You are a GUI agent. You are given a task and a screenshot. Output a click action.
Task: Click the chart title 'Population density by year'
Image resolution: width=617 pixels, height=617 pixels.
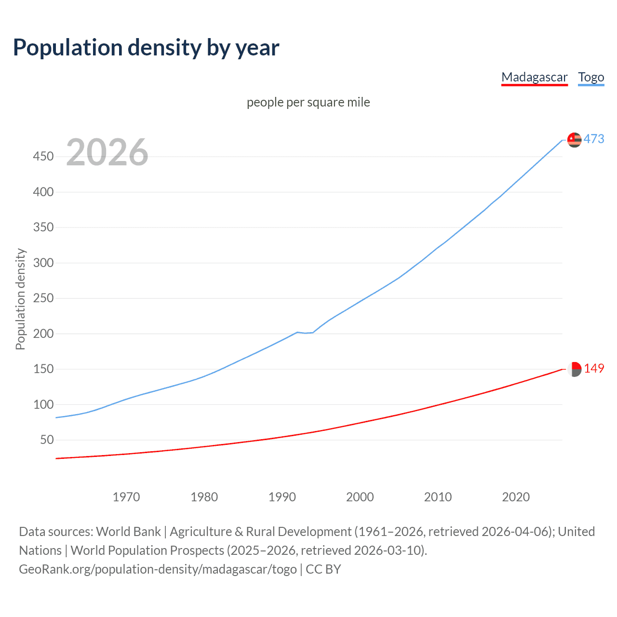[146, 47]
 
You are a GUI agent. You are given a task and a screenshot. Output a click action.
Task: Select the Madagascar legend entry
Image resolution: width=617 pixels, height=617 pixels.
[534, 77]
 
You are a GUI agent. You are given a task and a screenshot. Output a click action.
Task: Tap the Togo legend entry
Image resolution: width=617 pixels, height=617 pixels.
[591, 77]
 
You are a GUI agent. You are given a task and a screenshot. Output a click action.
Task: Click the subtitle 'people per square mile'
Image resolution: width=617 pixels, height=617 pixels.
[308, 102]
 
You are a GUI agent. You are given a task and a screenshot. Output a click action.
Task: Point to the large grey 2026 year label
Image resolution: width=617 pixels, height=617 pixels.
[107, 152]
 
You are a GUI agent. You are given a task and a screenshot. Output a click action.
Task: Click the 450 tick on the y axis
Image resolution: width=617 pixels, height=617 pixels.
[43, 156]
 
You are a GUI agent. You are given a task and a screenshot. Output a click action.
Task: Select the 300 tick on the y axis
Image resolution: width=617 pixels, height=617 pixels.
[43, 263]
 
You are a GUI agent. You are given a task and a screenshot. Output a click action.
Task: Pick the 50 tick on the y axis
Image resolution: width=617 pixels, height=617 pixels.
[47, 440]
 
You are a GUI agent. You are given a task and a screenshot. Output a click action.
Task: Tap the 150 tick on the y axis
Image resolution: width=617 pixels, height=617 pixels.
[43, 369]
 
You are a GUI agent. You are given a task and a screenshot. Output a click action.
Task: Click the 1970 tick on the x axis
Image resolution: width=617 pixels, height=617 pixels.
[126, 497]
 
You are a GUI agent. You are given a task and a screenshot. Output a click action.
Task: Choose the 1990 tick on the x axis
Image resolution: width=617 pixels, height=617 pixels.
[282, 497]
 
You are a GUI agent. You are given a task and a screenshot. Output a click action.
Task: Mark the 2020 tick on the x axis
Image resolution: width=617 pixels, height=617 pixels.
[516, 497]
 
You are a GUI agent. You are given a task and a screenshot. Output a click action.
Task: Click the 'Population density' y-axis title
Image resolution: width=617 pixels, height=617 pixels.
[20, 299]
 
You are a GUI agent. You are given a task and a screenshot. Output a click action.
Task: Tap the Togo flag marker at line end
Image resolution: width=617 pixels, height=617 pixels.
[574, 140]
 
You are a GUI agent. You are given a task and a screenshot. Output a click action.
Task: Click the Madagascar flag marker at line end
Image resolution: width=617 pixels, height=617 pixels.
[574, 369]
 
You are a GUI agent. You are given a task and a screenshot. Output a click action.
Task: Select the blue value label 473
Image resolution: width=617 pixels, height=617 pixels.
[594, 139]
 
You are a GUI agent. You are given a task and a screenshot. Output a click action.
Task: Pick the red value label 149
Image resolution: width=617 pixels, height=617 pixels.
[594, 369]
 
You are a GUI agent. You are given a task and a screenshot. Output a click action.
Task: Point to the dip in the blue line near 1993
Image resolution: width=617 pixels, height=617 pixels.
[305, 333]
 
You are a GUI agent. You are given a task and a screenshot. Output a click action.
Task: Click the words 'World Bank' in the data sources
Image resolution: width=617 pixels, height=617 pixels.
[128, 532]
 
